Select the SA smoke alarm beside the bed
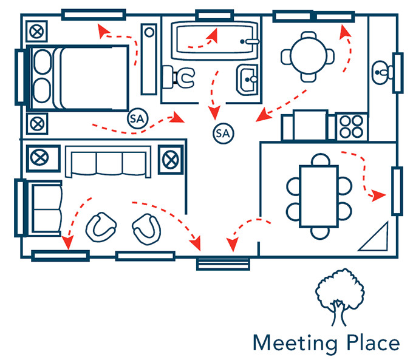tap(136, 118)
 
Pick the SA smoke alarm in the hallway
tap(223, 132)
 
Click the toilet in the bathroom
tap(182, 77)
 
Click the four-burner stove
tap(351, 127)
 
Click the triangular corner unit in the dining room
tap(376, 238)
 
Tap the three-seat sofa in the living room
tap(109, 161)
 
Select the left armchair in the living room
tap(101, 226)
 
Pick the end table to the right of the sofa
tap(170, 159)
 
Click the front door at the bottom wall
tap(223, 262)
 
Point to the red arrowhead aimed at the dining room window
tap(379, 195)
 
